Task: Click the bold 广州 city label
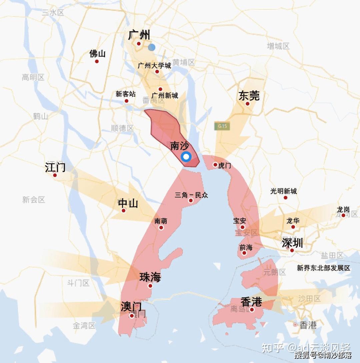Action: point(139,35)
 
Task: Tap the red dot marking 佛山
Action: point(97,61)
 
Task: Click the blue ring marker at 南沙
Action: point(186,156)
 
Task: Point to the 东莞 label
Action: point(249,96)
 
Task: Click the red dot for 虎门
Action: point(215,164)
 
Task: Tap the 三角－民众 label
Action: point(191,195)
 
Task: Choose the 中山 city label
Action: point(128,203)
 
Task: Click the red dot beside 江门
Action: point(55,175)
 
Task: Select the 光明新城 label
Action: point(284,191)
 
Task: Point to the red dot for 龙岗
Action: point(343,216)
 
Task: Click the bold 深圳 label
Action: point(292,243)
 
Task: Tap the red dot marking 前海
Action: point(244,253)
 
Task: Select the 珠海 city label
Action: point(150,277)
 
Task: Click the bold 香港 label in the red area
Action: point(252,302)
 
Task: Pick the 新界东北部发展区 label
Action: point(324,268)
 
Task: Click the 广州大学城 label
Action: point(154,65)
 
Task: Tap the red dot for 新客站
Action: point(126,101)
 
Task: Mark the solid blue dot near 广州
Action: point(152,47)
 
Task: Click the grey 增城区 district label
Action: point(278,46)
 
